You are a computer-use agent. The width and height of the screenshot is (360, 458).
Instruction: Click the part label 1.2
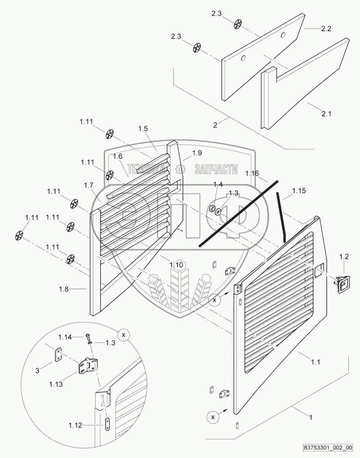pyautogui.click(x=344, y=257)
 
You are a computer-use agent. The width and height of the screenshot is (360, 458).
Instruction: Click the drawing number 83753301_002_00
pyautogui.click(x=328, y=447)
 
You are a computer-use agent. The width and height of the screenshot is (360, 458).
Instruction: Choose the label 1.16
pyautogui.click(x=252, y=173)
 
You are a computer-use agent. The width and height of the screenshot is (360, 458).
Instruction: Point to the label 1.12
pyautogui.click(x=75, y=425)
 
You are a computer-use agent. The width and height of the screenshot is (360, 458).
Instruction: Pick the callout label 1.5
pyautogui.click(x=143, y=128)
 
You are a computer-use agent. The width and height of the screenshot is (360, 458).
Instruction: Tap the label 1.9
pyautogui.click(x=197, y=153)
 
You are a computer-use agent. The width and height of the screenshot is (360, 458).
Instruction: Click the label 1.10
pyautogui.click(x=176, y=265)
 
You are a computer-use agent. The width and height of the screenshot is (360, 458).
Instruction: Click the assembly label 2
pyautogui.click(x=215, y=125)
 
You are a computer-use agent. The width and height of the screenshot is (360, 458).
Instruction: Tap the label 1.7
pyautogui.click(x=89, y=185)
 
